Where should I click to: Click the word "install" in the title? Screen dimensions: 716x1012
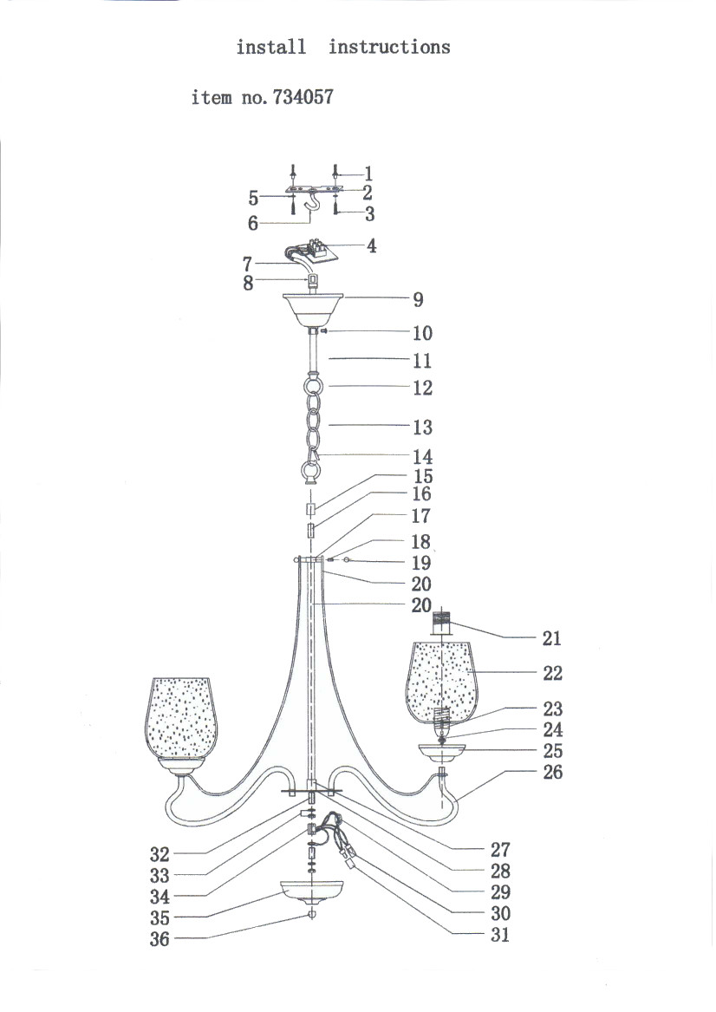(x=271, y=47)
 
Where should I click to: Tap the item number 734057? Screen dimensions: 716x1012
(x=303, y=97)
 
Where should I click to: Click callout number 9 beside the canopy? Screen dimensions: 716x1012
(x=418, y=299)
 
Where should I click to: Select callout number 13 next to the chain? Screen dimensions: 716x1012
(x=422, y=427)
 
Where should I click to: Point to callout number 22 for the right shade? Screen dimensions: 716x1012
(x=553, y=673)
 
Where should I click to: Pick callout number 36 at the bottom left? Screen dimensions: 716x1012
(x=159, y=938)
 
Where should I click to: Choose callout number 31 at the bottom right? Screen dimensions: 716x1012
(x=500, y=935)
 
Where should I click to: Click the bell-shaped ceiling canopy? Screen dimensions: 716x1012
(x=313, y=310)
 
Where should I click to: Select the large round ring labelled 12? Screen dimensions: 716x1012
(x=313, y=387)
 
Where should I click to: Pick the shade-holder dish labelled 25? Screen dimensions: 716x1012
(x=442, y=752)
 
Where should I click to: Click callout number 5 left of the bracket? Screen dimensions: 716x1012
(x=253, y=198)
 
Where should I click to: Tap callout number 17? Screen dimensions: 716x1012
(x=420, y=516)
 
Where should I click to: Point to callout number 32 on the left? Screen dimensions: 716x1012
(x=159, y=854)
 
